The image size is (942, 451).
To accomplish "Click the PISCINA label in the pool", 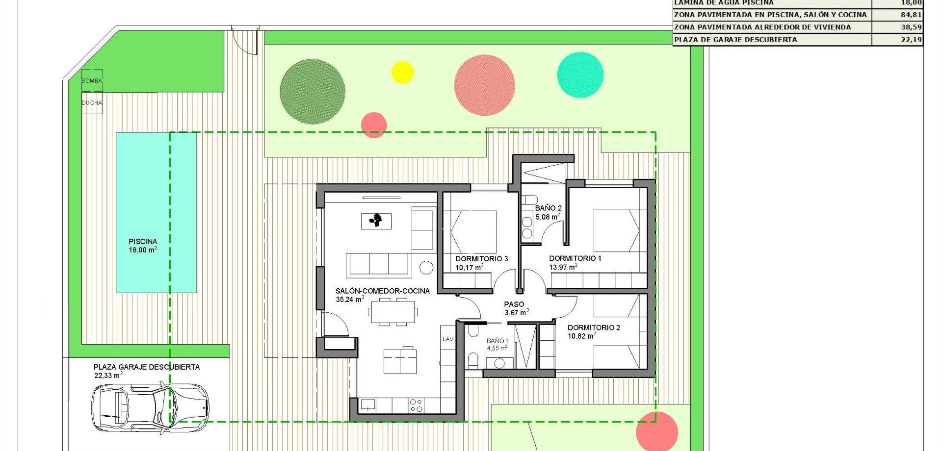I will click(143, 241).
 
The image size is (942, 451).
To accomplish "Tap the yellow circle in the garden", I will click(402, 73).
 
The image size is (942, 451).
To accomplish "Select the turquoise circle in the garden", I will click(580, 75).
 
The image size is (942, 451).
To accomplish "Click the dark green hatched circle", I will click(313, 91).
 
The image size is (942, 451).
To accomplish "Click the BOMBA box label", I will click(92, 81).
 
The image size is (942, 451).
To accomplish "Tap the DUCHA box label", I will click(92, 103).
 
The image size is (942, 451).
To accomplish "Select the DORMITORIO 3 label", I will click(481, 259).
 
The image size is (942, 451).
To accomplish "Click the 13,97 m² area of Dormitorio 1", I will click(563, 267).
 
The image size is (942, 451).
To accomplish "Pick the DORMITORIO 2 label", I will click(594, 327).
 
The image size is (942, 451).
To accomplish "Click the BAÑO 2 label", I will click(548, 208).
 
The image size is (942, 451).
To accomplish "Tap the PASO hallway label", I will click(514, 304).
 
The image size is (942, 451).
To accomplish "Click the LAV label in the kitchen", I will click(448, 339).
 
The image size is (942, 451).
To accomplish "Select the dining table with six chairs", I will click(393, 312).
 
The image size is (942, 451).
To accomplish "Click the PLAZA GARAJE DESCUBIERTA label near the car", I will click(147, 367).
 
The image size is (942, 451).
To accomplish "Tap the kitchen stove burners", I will click(416, 405).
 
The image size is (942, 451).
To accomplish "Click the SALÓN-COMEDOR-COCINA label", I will click(382, 291).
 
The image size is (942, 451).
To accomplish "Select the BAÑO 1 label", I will click(497, 341).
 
